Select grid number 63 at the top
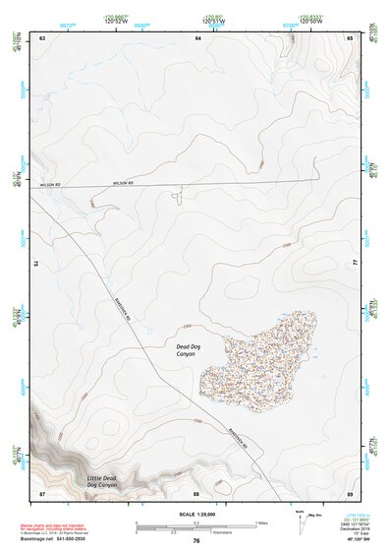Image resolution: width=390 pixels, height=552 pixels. [x=42, y=37]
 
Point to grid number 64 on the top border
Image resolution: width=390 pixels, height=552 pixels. [x=197, y=37]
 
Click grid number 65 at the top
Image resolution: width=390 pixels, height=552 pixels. [x=350, y=37]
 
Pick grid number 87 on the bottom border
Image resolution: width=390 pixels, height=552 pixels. [x=42, y=492]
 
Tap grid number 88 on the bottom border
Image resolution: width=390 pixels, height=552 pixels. [x=196, y=492]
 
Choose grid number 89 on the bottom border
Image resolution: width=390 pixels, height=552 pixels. [x=350, y=492]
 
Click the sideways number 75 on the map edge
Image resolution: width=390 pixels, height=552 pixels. [x=35, y=264]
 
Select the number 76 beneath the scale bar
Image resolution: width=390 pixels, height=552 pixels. [x=196, y=540]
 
